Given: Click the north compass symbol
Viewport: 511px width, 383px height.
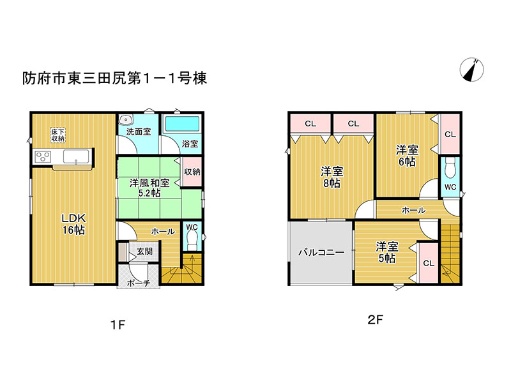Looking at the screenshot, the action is click(472, 70).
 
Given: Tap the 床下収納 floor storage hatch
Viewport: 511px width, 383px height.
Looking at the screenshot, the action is click(58, 135).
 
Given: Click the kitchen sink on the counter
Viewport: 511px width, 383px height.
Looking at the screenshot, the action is click(76, 157).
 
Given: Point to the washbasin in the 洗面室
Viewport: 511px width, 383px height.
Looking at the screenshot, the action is click(125, 119).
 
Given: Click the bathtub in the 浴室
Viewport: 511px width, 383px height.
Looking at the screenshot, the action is click(182, 124).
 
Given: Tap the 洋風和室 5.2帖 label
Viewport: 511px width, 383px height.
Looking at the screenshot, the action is click(149, 188).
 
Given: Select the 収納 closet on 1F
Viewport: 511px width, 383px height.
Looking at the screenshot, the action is click(192, 172).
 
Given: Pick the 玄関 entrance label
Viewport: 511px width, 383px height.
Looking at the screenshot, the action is click(144, 252).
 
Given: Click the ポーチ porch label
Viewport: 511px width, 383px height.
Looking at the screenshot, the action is click(139, 283).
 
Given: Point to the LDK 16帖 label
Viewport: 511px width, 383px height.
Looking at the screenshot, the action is click(74, 224).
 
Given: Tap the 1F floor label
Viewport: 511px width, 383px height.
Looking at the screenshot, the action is click(118, 325).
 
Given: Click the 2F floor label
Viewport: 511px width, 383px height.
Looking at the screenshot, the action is click(375, 320).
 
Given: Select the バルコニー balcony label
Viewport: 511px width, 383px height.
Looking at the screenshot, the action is click(321, 252).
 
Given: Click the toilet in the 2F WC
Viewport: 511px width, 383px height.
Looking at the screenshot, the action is click(450, 169).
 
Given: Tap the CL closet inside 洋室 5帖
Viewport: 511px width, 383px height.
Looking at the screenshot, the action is click(428, 263).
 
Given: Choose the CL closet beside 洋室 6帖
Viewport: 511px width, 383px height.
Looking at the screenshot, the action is click(450, 134).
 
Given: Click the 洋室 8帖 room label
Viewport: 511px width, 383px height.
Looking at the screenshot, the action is click(332, 177).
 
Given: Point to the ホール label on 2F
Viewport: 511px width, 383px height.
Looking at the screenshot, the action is click(413, 211).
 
